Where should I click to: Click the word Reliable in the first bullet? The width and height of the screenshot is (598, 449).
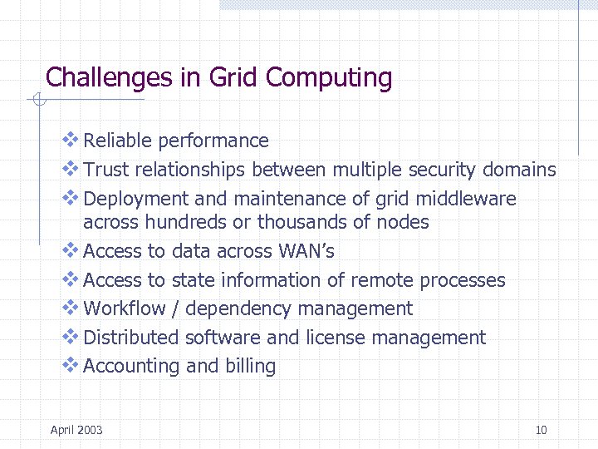tap(118, 141)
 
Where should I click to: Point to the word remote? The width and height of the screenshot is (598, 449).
tap(382, 280)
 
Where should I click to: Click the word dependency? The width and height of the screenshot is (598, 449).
tap(239, 309)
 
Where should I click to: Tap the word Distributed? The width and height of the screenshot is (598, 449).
tap(131, 338)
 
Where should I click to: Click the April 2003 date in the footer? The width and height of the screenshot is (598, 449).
tap(76, 430)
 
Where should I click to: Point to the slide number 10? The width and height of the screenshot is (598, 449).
tap(541, 430)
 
